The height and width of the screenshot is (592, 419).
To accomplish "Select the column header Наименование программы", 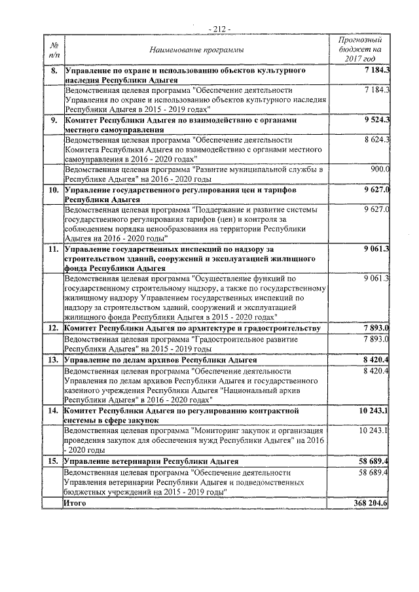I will (196, 50).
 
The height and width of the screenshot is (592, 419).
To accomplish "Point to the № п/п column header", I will (54, 50).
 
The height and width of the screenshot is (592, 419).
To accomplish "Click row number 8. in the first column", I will (54, 69).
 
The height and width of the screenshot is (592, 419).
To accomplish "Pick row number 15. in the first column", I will (54, 461).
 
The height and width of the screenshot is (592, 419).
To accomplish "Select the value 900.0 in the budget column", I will (380, 169).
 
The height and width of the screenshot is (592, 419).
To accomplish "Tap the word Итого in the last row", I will (75, 502).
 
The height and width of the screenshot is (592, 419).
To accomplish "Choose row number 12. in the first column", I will (54, 328).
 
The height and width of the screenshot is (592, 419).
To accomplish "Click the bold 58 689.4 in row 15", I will (373, 461).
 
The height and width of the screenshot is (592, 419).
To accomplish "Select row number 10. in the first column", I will (54, 190).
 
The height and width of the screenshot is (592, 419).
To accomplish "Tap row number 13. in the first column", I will (54, 360).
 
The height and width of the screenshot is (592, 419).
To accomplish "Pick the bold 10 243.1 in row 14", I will (373, 411).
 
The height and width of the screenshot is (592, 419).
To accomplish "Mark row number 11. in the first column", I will (54, 249).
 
